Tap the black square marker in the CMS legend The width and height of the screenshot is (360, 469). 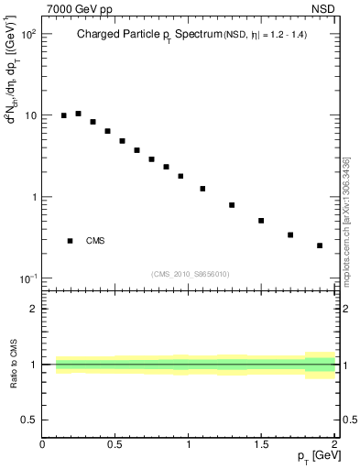pos(71,241)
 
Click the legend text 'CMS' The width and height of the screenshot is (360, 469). pos(95,241)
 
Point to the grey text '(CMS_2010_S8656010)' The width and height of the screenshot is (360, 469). pos(190,274)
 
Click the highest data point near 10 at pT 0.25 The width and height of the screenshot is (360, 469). pos(79,114)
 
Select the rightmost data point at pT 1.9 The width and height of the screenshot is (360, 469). pos(320,245)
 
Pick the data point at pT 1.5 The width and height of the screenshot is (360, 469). pos(261,221)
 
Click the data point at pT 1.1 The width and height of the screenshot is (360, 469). pos(202,189)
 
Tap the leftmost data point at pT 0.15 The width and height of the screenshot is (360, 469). pos(64,115)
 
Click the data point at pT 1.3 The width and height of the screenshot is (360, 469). pos(232,205)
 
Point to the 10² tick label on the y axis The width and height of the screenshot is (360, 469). pos(27,35)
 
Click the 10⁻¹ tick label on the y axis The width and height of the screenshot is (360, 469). pos(27,278)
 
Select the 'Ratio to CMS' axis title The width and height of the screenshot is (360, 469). pos(14,365)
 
